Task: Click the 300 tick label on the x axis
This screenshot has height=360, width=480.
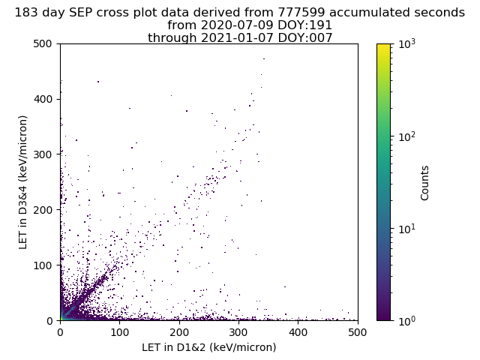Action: tap(238, 331)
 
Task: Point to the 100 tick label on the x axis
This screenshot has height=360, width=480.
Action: tap(119, 331)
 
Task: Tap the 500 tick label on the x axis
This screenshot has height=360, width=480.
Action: tap(357, 331)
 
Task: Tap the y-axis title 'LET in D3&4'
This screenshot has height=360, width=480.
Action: tap(23, 182)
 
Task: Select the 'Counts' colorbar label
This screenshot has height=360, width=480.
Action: tap(425, 182)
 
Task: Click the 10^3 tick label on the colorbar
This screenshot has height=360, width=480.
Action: tap(407, 43)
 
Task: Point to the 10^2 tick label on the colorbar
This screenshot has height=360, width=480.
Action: tap(407, 136)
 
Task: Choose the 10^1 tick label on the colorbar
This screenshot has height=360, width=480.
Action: tap(407, 228)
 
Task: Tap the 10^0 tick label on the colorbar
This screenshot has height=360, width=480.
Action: tap(407, 320)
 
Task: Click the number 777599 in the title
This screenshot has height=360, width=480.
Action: tap(300, 13)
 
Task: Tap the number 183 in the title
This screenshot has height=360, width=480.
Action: tap(26, 13)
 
